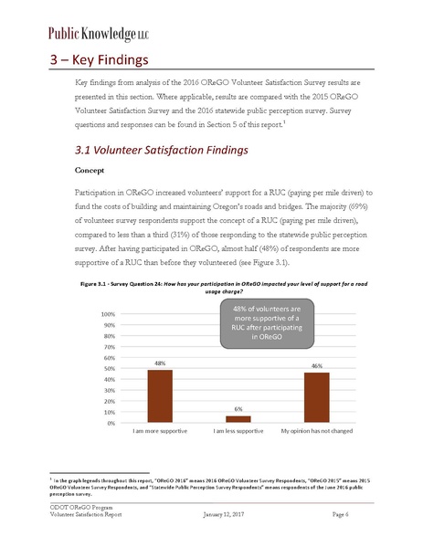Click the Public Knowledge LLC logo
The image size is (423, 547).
tap(88, 33)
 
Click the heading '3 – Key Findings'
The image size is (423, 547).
tap(99, 61)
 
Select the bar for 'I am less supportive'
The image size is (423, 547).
tap(238, 420)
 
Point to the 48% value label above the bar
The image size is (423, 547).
tap(160, 364)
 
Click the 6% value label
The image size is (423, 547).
tap(238, 410)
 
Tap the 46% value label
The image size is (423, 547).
tap(317, 366)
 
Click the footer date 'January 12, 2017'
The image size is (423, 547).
tap(224, 517)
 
